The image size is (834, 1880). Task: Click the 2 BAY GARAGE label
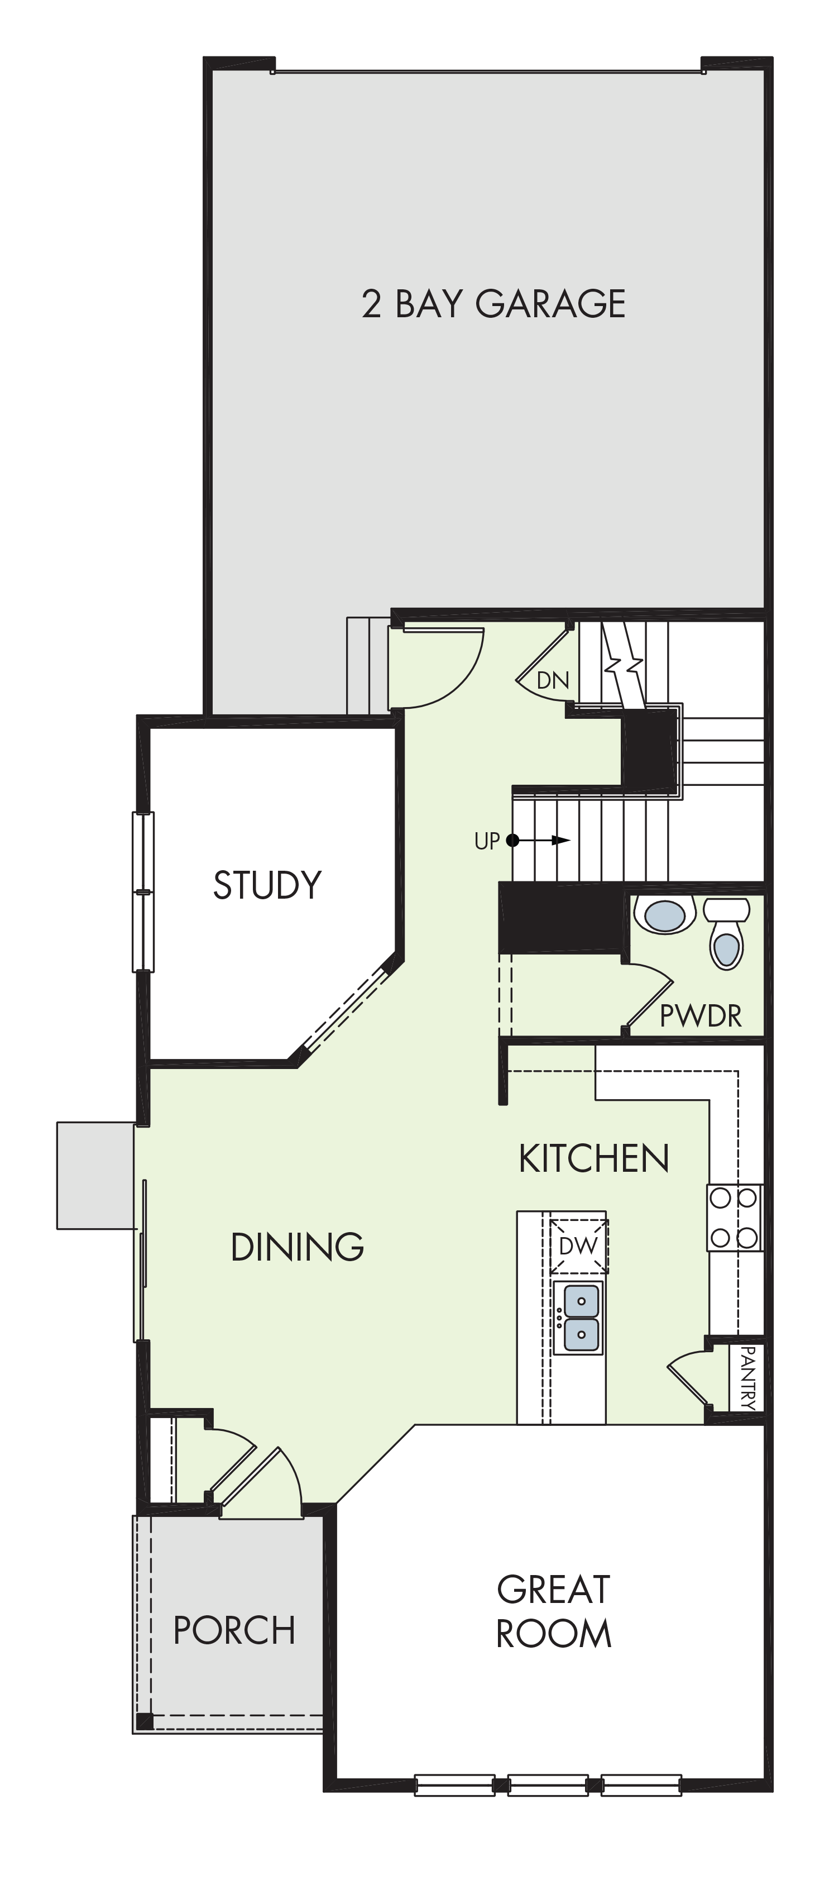pos(493,304)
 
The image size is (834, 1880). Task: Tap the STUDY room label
pos(267,885)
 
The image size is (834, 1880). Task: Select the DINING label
pos(297,1247)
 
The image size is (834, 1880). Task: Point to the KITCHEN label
pos(594,1158)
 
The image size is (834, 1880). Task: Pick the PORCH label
pos(234,1630)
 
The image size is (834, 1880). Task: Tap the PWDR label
pos(701,1015)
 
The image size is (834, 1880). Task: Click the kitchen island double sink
pos(579,1318)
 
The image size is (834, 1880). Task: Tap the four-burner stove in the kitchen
pos(734,1218)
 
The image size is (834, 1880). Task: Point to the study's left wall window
pos(143,892)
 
